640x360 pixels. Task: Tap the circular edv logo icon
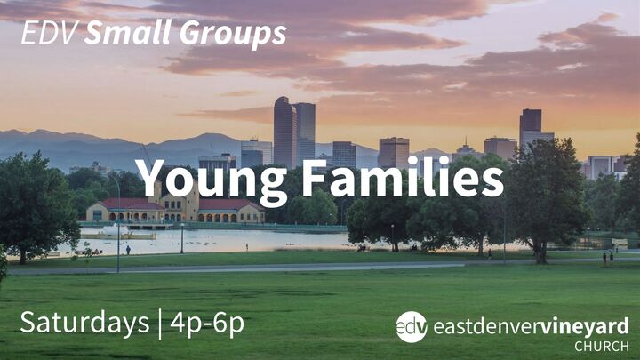pyautogui.click(x=411, y=326)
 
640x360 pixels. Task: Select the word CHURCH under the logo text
pyautogui.click(x=602, y=346)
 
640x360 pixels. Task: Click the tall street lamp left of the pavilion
pyautogui.click(x=118, y=222)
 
